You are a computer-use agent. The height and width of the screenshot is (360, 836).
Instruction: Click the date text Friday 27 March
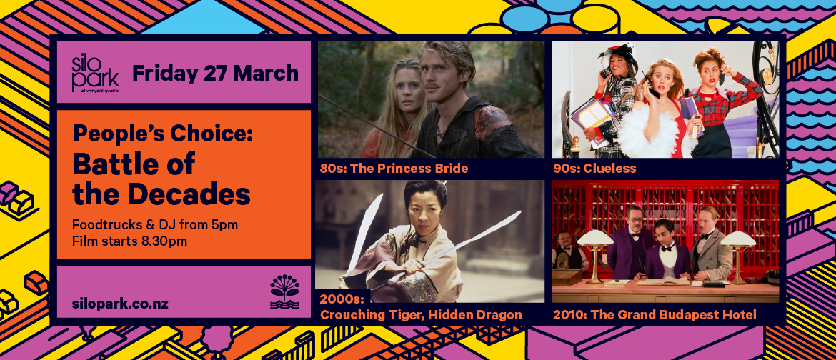(215, 73)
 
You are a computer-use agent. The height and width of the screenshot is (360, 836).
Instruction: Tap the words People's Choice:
(162, 133)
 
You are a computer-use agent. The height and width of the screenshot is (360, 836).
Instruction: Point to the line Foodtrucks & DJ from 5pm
(155, 225)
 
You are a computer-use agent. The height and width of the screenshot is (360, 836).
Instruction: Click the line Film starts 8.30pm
(129, 241)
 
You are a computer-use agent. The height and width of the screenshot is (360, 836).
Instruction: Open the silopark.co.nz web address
(120, 303)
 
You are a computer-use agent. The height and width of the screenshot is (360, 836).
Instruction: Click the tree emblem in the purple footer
(284, 292)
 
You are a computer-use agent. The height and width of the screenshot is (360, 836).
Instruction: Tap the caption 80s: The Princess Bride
(394, 169)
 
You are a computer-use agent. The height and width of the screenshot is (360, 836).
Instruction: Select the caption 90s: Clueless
(594, 169)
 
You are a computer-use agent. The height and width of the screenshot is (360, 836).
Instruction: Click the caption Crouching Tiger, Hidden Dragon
(421, 314)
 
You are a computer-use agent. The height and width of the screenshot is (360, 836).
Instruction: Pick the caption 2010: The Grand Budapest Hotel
(654, 314)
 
